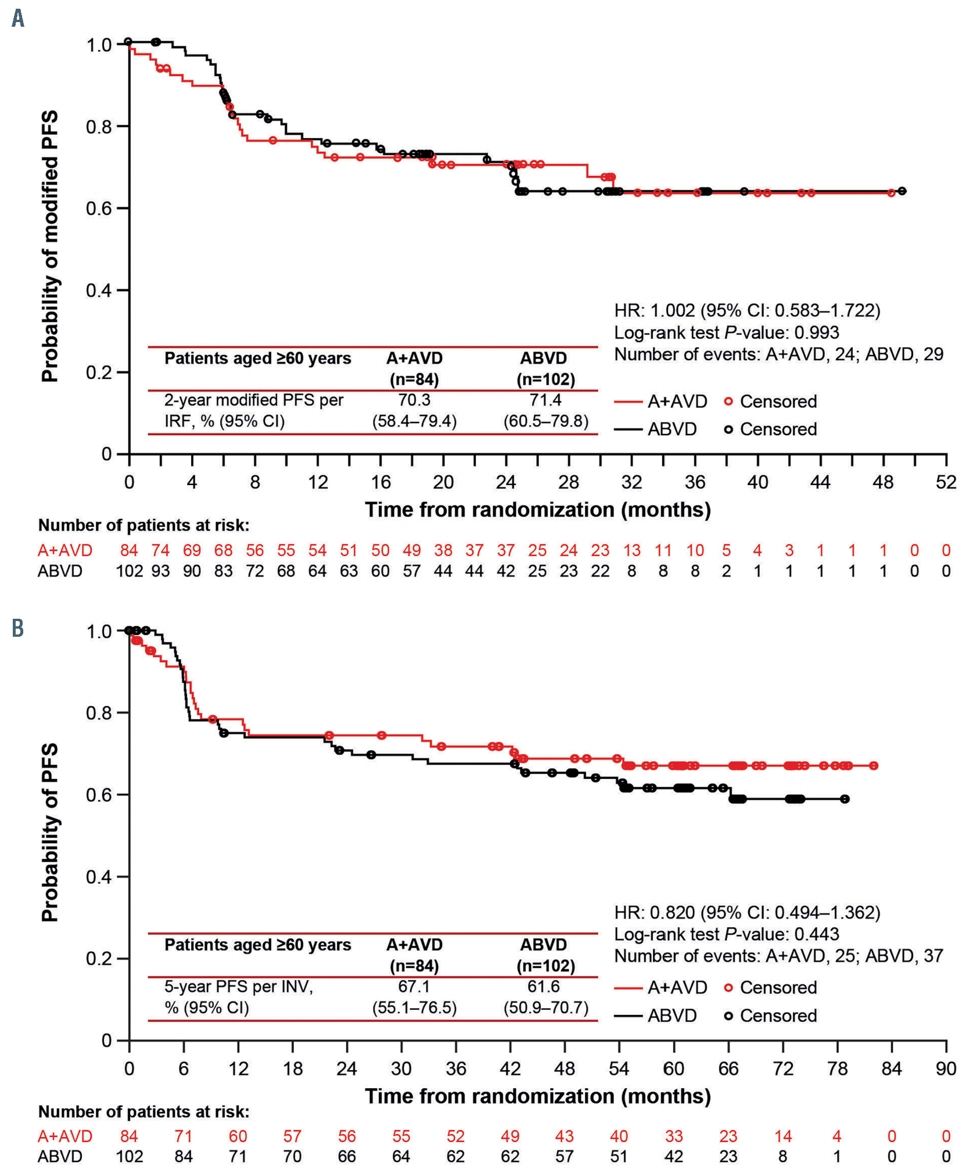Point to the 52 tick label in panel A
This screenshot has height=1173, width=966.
pyautogui.click(x=946, y=482)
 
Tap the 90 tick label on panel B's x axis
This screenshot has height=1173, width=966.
pyautogui.click(x=946, y=1068)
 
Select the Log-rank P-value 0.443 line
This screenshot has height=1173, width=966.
pyautogui.click(x=726, y=934)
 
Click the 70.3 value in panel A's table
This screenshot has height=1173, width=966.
pyautogui.click(x=414, y=400)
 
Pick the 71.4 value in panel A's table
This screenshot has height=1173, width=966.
pyautogui.click(x=545, y=400)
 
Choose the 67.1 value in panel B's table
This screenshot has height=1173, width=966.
pyautogui.click(x=414, y=986)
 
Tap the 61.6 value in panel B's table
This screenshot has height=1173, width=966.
pyautogui.click(x=545, y=986)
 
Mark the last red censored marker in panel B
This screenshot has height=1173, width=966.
pyautogui.click(x=874, y=766)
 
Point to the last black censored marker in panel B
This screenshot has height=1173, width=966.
pyautogui.click(x=845, y=799)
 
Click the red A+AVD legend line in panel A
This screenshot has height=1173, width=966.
pyautogui.click(x=629, y=401)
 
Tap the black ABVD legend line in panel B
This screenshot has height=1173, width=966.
pyautogui.click(x=629, y=1016)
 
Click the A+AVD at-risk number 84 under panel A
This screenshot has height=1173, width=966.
pyautogui.click(x=129, y=550)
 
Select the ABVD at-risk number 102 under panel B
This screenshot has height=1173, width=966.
pyautogui.click(x=129, y=1157)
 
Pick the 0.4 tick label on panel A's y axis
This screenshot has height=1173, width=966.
pyautogui.click(x=99, y=290)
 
